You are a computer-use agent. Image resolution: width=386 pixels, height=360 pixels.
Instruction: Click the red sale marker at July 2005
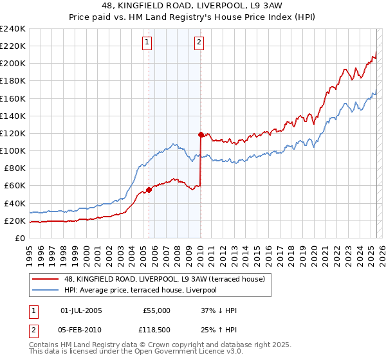(149, 190)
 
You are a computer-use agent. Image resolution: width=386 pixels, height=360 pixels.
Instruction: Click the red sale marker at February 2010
(201, 134)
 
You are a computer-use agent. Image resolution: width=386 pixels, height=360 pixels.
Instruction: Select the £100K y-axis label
(13, 150)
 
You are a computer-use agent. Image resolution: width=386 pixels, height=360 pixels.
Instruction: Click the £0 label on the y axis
(21, 238)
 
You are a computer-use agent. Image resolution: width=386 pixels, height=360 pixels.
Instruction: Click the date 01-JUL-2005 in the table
(80, 310)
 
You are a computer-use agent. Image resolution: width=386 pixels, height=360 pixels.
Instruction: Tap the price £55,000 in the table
(156, 310)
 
